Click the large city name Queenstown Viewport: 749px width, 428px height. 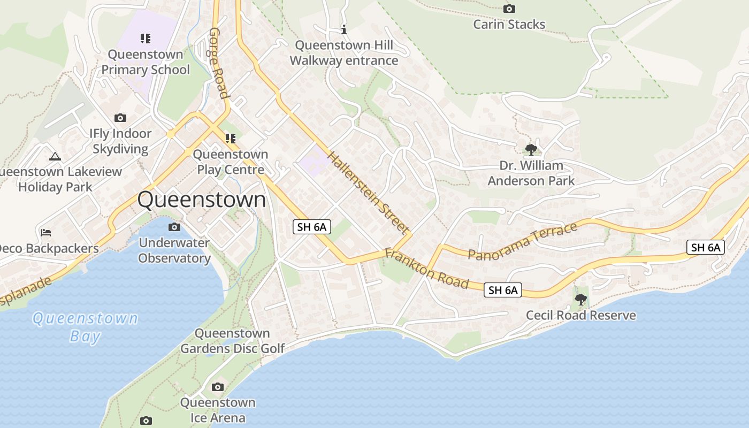[201, 200]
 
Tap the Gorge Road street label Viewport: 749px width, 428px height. [219, 63]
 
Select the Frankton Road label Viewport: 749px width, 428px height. [426, 269]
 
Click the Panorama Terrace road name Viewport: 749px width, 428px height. [523, 241]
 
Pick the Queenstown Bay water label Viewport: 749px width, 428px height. [85, 327]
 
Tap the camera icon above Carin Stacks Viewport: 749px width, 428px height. [509, 9]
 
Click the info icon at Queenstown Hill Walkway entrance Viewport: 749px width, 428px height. [344, 29]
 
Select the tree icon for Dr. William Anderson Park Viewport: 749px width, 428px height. [531, 149]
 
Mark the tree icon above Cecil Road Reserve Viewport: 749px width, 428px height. [580, 299]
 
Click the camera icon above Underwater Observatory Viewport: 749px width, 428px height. [174, 227]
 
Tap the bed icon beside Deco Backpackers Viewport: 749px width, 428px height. [46, 233]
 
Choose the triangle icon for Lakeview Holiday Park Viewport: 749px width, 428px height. [55, 156]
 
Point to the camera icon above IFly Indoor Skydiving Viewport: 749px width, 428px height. [120, 118]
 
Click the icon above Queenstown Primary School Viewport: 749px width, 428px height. [146, 38]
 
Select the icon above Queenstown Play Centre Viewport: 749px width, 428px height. [231, 139]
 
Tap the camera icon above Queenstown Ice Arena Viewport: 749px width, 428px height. [217, 387]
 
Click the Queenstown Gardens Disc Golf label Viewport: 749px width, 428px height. [232, 341]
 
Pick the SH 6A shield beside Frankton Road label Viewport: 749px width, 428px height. [503, 290]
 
